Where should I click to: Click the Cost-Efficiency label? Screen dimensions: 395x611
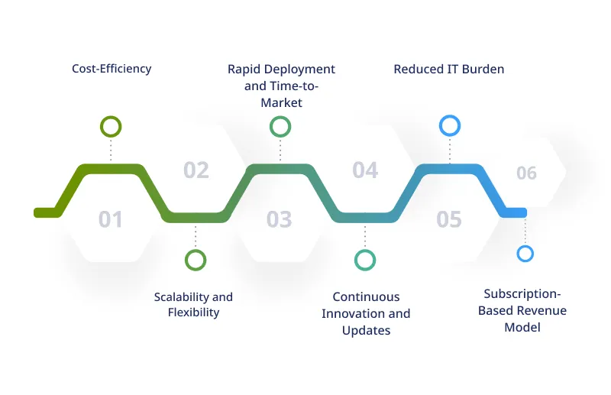(112, 69)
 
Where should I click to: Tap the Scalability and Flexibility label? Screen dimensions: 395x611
(193, 304)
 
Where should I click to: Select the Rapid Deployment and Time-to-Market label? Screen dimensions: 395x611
(281, 85)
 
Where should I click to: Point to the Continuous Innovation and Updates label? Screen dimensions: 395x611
(366, 313)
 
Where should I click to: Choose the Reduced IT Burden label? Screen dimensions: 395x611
(449, 69)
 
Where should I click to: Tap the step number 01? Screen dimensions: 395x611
(111, 220)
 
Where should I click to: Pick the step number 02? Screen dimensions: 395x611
(196, 170)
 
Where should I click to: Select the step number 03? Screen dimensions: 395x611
(280, 220)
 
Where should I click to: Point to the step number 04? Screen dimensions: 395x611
(365, 170)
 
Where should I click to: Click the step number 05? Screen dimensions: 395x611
(449, 220)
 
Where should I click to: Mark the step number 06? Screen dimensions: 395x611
(526, 173)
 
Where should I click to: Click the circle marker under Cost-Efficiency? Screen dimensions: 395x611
(112, 126)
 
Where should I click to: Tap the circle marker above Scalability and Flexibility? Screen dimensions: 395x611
(196, 260)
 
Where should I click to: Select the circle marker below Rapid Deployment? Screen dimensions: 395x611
(280, 126)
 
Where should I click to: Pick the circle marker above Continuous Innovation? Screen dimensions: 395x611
(365, 260)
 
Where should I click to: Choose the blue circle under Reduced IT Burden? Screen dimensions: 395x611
(450, 125)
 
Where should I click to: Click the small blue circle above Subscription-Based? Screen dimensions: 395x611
(525, 254)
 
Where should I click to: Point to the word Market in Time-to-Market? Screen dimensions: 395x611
(281, 102)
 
